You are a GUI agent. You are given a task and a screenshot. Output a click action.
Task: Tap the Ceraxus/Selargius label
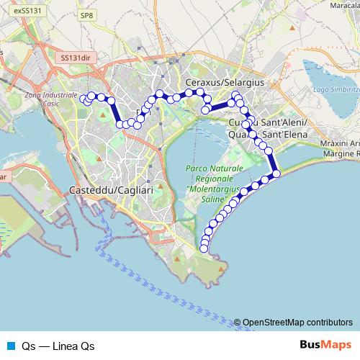tap(225, 84)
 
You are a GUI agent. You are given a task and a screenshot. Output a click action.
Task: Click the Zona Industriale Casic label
tap(50, 99)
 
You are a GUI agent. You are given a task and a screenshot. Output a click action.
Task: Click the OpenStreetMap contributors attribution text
tap(297, 323)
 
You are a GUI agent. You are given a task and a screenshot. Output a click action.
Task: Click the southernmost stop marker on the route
tap(204, 248)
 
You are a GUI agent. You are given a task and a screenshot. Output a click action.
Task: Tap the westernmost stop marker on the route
tap(84, 98)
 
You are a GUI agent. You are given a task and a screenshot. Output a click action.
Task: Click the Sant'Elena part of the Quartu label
tap(282, 135)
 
